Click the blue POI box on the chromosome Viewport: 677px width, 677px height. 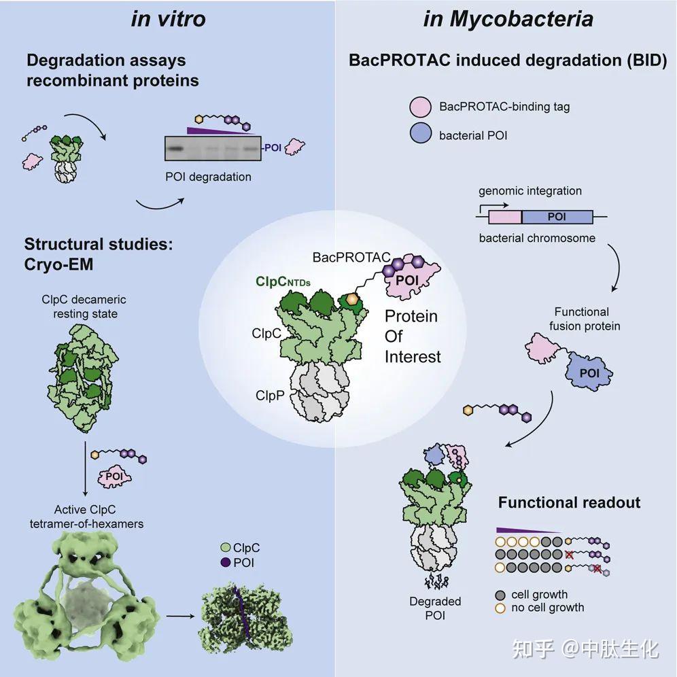557,218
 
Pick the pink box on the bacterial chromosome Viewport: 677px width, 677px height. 504,218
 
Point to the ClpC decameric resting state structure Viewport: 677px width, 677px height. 77,381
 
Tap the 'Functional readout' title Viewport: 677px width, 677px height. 569,503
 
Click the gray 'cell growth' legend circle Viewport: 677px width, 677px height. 500,595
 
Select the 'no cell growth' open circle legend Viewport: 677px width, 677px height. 500,608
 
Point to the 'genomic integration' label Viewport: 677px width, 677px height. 530,191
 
